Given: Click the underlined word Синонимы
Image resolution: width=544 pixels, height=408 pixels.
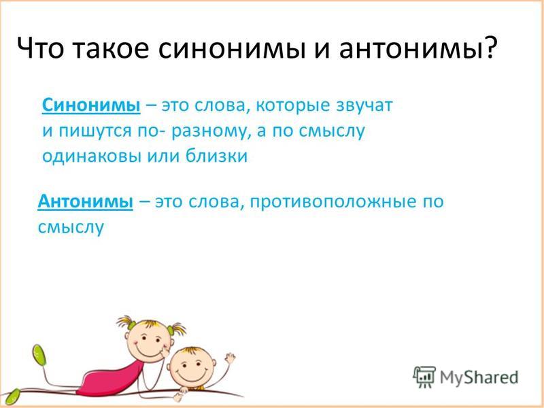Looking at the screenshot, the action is (x=91, y=105).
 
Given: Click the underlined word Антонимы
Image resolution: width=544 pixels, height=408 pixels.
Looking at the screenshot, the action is (x=86, y=201).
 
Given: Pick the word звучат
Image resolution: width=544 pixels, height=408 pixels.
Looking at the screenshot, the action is (x=364, y=105).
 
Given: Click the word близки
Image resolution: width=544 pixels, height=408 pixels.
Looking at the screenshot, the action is (x=216, y=156).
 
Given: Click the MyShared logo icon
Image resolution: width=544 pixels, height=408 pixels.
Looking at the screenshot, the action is (x=424, y=377).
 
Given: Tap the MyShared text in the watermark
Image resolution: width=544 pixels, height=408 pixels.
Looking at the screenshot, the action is (x=479, y=377).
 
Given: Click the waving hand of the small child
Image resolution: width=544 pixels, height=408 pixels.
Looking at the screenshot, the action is (x=229, y=359).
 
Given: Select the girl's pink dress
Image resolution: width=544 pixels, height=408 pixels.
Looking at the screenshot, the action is (x=110, y=379).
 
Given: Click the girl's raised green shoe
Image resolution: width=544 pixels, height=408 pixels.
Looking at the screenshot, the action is (x=39, y=354).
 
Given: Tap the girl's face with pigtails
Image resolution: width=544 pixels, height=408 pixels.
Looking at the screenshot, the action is (x=148, y=341).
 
